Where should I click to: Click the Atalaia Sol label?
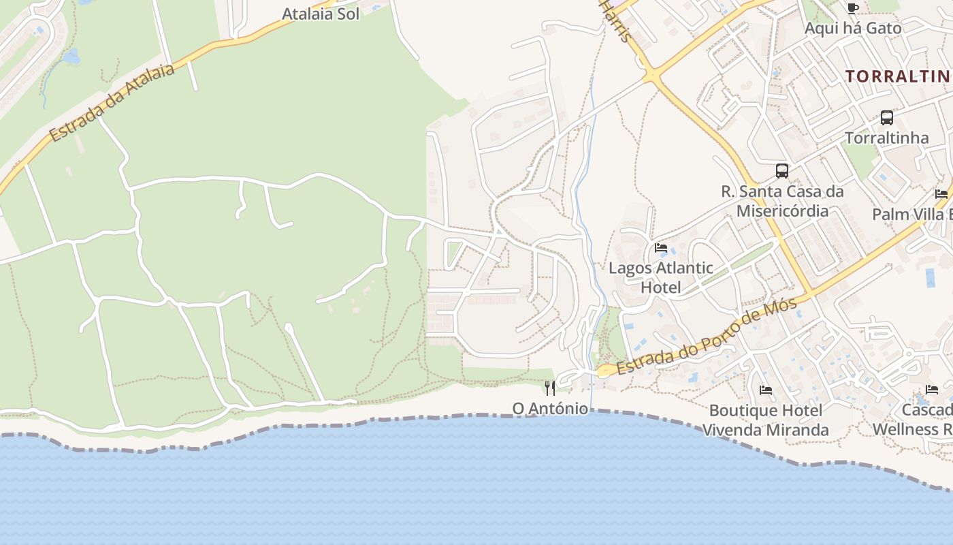321,14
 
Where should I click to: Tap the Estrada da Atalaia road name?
112,103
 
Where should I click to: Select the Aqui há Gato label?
852,29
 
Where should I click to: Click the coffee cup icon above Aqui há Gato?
852,8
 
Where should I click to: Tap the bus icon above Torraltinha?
886,117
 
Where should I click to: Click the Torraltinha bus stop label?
886,138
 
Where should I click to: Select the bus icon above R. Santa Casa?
781,170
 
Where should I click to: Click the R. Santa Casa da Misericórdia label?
782,201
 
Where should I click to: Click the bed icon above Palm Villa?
941,194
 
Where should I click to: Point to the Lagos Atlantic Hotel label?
660,277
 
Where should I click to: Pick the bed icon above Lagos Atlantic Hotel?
660,248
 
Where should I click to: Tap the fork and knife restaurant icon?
550,388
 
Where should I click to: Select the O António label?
550,409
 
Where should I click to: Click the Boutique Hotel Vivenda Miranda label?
765,420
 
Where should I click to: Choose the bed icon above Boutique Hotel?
766,390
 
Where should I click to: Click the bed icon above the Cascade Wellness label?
931,390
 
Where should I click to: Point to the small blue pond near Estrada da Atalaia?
71,57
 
